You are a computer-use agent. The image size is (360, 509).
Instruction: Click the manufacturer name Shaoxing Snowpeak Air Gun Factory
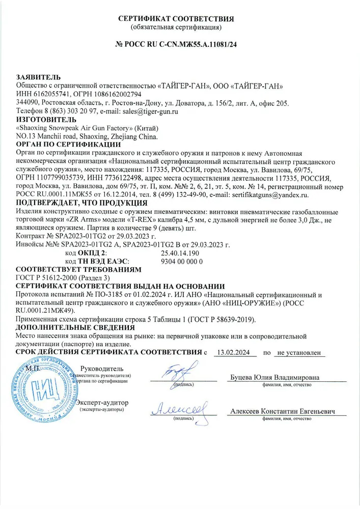(x=76, y=128)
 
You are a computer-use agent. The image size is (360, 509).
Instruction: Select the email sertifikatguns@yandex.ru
(x=267, y=195)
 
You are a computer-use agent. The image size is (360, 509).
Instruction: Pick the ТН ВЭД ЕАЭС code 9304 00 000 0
(x=182, y=261)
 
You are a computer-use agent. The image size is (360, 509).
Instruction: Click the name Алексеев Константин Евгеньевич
(x=283, y=411)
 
